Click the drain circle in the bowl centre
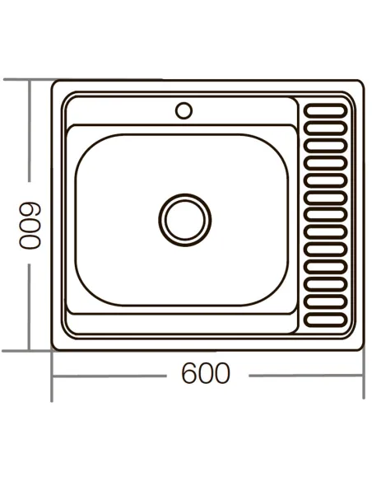pos(184,218)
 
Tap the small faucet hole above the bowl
pos(184,109)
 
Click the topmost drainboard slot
pos(327,107)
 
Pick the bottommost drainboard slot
pos(327,318)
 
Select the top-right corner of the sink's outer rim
pos(360,83)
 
